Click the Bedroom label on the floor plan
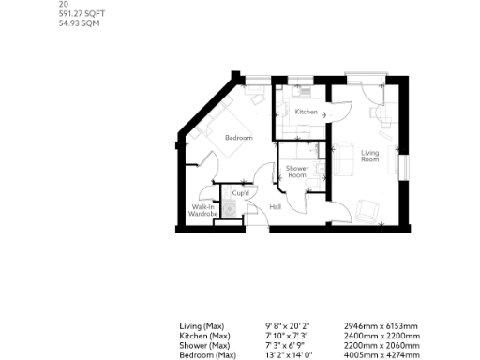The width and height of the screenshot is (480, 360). pyautogui.click(x=238, y=139)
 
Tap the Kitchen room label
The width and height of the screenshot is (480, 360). pyautogui.click(x=306, y=112)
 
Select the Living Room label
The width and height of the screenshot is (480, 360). pyautogui.click(x=370, y=156)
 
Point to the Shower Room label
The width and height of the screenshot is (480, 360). pyautogui.click(x=296, y=172)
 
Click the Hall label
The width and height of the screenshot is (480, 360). pyautogui.click(x=276, y=206)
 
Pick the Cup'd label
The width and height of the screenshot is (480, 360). pyautogui.click(x=240, y=194)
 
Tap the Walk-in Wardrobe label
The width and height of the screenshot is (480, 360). pyautogui.click(x=203, y=211)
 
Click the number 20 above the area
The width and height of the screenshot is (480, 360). pyautogui.click(x=63, y=5)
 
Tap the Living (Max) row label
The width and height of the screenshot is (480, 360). pyautogui.click(x=202, y=326)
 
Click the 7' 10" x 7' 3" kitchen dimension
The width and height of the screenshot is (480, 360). pyautogui.click(x=286, y=336)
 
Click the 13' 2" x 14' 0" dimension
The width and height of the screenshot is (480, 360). pyautogui.click(x=288, y=354)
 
